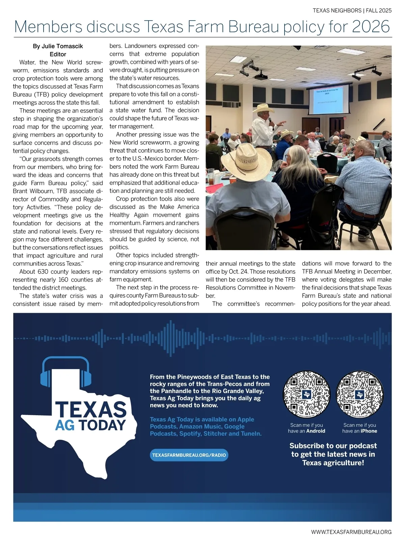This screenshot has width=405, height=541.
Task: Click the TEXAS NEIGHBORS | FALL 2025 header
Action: point(352,10)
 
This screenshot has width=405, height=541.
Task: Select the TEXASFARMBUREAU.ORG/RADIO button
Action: point(189,455)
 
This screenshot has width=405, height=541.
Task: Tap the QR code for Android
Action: point(306,394)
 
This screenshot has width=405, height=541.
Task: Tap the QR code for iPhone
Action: point(360,394)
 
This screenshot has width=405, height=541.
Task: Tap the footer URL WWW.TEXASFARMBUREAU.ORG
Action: point(351,532)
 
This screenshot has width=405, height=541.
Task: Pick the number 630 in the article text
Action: point(43,272)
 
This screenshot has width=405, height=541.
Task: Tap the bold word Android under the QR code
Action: point(316,431)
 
